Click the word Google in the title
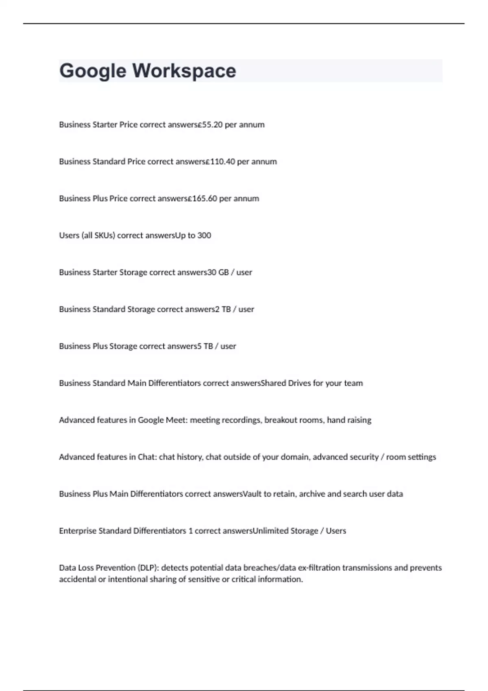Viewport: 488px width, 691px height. click(93, 71)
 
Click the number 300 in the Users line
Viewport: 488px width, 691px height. click(204, 235)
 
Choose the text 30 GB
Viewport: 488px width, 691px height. click(218, 272)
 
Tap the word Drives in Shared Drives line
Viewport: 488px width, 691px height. click(299, 383)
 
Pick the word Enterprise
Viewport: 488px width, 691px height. click(77, 531)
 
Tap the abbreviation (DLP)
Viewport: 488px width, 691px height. click(148, 568)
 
